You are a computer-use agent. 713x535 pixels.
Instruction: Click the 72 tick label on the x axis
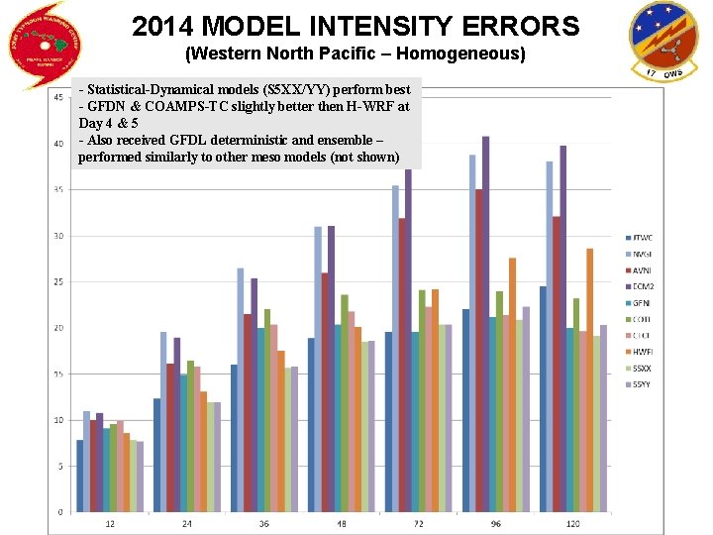tap(420, 522)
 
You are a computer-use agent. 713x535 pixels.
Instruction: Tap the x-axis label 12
tap(110, 522)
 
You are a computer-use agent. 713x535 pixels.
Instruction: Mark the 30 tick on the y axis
tap(58, 236)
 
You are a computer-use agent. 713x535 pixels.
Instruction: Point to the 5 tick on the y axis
tap(60, 467)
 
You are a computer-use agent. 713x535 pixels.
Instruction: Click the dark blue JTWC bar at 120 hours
tap(544, 399)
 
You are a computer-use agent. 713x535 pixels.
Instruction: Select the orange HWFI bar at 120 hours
tap(589, 380)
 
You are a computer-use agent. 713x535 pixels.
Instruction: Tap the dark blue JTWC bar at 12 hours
tap(80, 477)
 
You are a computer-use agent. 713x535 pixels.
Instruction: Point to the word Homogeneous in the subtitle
tap(464, 52)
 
